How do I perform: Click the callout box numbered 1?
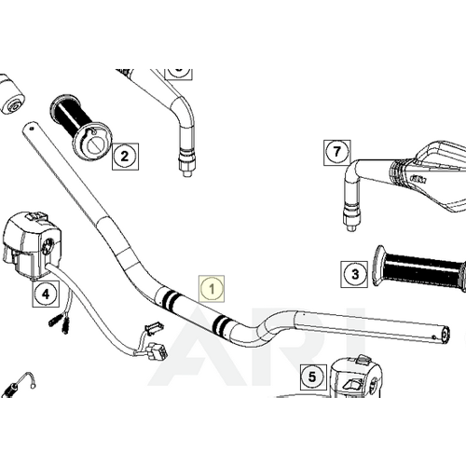(x=212, y=289)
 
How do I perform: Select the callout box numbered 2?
(x=125, y=156)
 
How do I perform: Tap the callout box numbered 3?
(x=353, y=274)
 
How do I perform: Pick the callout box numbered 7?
(x=336, y=151)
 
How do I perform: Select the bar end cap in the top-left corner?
(x=13, y=98)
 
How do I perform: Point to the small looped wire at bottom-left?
(x=24, y=381)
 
